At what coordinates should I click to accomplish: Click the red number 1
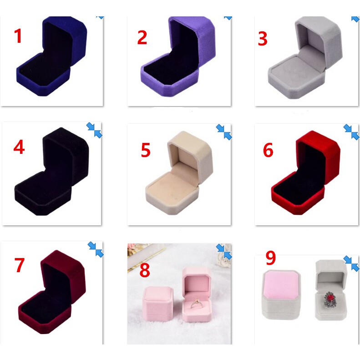coord(18,36)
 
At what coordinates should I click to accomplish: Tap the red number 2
coord(142,38)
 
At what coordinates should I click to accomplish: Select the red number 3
coord(263,39)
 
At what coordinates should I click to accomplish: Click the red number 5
coord(145,150)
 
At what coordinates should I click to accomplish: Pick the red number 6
coord(268,150)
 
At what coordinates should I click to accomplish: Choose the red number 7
coord(19,265)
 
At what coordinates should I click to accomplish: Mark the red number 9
coord(271,258)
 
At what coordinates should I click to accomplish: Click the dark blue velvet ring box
coord(50,64)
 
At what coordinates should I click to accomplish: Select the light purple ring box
coord(175,64)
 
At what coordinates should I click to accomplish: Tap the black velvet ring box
coord(50,182)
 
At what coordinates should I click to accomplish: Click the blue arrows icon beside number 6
coord(351,132)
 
